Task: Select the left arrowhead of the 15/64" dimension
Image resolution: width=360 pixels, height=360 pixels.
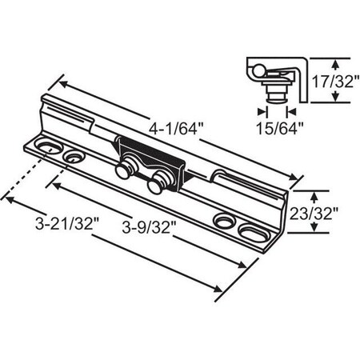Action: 261,110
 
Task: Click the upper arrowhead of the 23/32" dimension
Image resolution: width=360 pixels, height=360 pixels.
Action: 314,194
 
